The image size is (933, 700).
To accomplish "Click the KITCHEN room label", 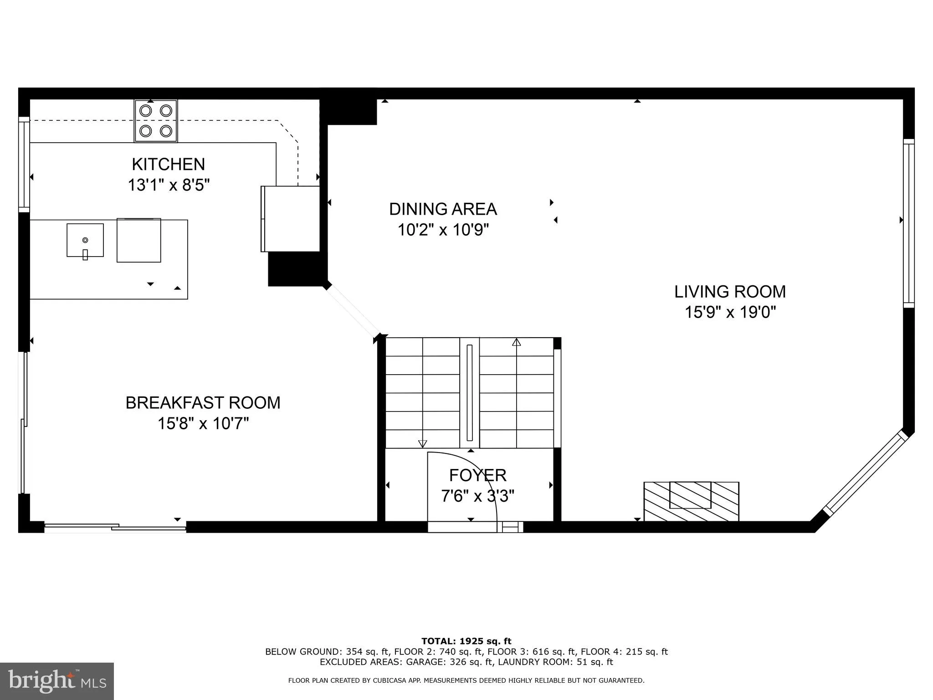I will (168, 164).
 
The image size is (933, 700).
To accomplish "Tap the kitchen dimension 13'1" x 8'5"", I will (168, 185).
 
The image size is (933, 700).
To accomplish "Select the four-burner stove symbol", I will (156, 121).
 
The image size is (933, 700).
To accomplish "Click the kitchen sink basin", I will (85, 240).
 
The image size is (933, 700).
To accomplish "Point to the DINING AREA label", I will (442, 209).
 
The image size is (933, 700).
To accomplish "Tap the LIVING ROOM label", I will (730, 292).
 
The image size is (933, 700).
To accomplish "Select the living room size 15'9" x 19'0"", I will (730, 313).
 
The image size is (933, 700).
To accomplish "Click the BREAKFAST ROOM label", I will (203, 403).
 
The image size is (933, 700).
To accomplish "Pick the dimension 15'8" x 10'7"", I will (203, 424).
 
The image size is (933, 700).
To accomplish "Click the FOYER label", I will (477, 475).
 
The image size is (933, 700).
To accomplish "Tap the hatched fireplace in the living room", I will (691, 501).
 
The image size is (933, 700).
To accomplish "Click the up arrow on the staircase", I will (516, 342).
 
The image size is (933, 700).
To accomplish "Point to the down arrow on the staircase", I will (422, 443).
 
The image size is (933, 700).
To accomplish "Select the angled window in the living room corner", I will (865, 474).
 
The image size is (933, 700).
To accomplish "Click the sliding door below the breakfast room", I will (115, 527).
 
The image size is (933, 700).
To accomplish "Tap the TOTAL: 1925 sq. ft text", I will (466, 641).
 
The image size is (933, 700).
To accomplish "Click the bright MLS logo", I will (56, 681).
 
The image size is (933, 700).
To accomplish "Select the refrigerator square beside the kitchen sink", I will (138, 240).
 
